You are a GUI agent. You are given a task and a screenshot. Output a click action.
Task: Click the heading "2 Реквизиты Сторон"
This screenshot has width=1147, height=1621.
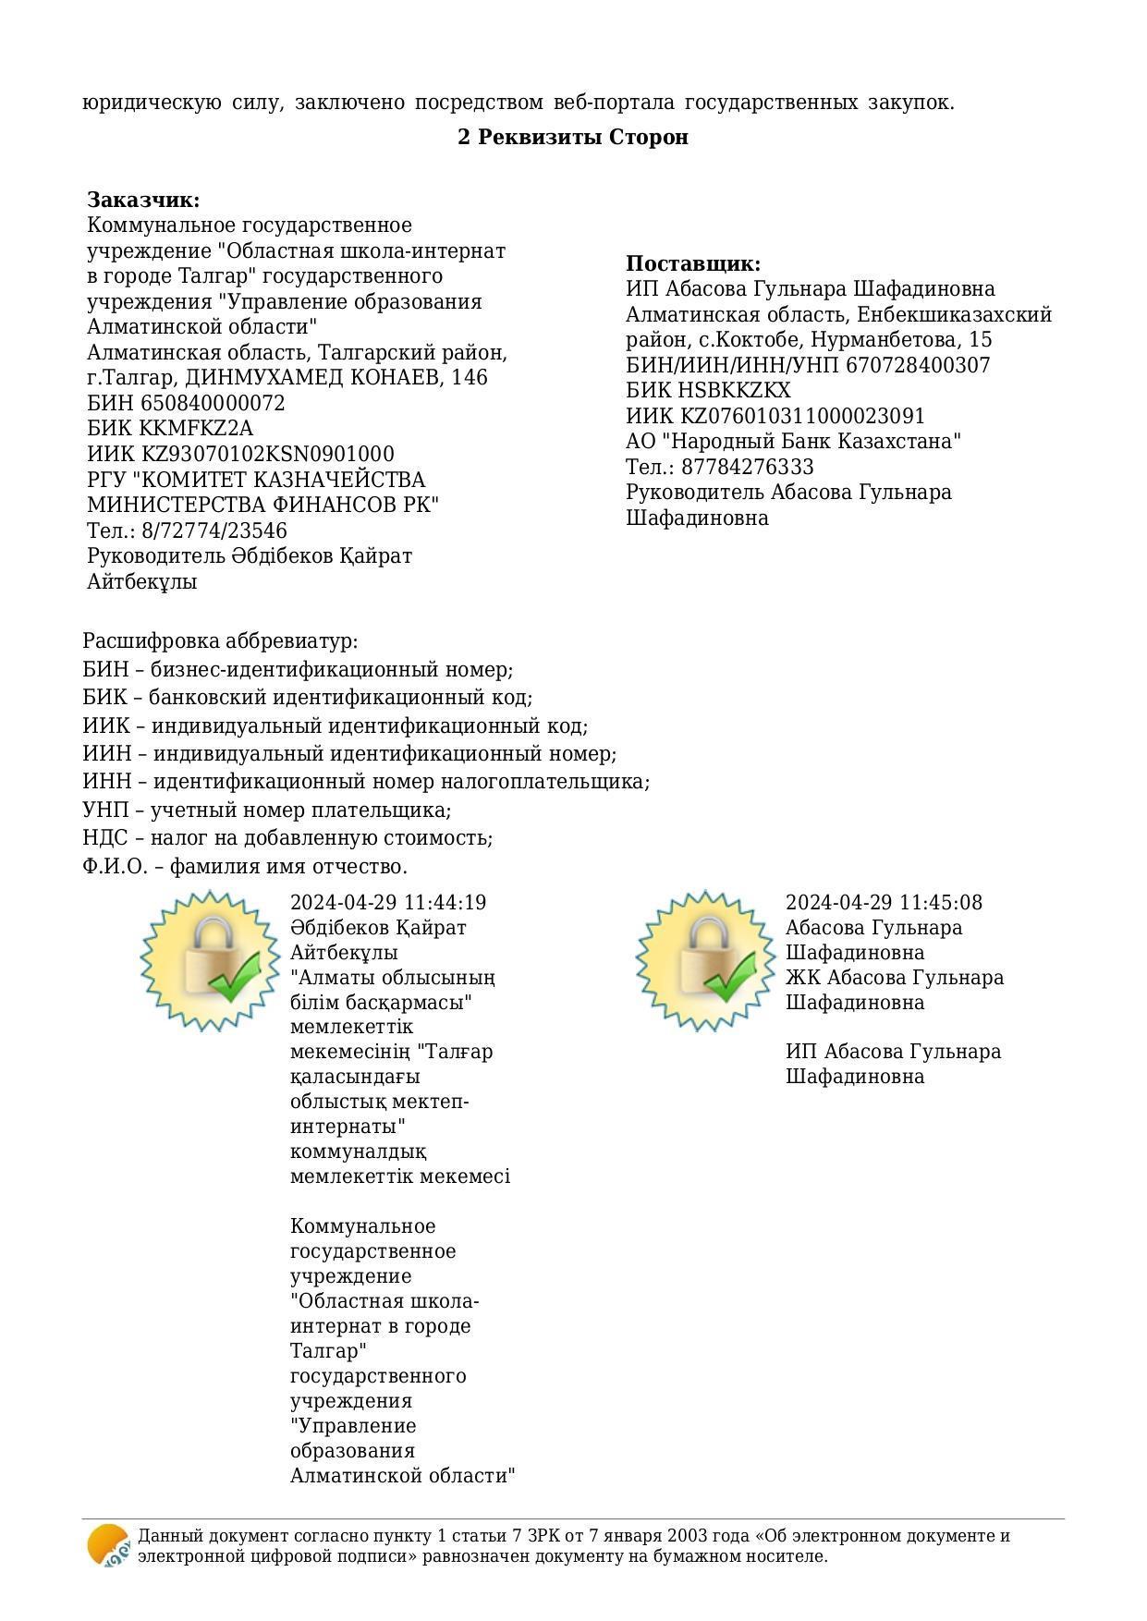tap(573, 138)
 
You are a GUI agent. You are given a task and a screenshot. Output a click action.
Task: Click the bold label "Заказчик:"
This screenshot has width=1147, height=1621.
tap(143, 201)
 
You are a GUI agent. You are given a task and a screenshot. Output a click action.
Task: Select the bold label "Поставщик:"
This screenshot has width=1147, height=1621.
tap(693, 264)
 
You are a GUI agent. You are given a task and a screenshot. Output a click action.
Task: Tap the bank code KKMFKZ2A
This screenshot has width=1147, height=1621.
tap(196, 429)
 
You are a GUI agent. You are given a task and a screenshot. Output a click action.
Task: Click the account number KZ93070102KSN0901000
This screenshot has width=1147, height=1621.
tap(267, 455)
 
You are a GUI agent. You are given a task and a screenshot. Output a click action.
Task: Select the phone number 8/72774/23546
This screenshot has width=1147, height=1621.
tap(214, 531)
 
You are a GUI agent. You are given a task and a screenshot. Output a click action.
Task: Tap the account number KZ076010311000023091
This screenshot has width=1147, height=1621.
tap(803, 417)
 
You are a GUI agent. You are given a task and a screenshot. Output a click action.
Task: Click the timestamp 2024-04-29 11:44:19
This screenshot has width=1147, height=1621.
tap(388, 903)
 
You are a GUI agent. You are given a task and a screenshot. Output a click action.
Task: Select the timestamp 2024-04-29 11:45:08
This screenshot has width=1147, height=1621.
tap(884, 903)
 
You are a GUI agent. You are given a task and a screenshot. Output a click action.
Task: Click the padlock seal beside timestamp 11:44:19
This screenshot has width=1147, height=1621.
tap(210, 960)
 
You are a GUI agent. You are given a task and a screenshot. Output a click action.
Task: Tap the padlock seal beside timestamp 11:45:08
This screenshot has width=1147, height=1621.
tap(705, 960)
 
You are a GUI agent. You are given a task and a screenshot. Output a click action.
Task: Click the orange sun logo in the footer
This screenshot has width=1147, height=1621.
tap(108, 1545)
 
